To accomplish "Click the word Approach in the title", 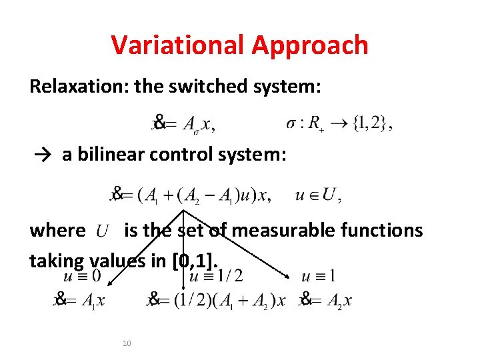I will (310, 45).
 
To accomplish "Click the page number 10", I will (127, 343).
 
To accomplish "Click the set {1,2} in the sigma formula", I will (373, 123).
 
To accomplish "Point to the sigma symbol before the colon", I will (291, 124).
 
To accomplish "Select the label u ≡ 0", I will (82, 275).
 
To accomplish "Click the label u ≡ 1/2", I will (216, 275).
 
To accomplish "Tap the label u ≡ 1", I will (318, 275).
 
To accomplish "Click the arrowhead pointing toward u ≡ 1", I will (288, 278).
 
